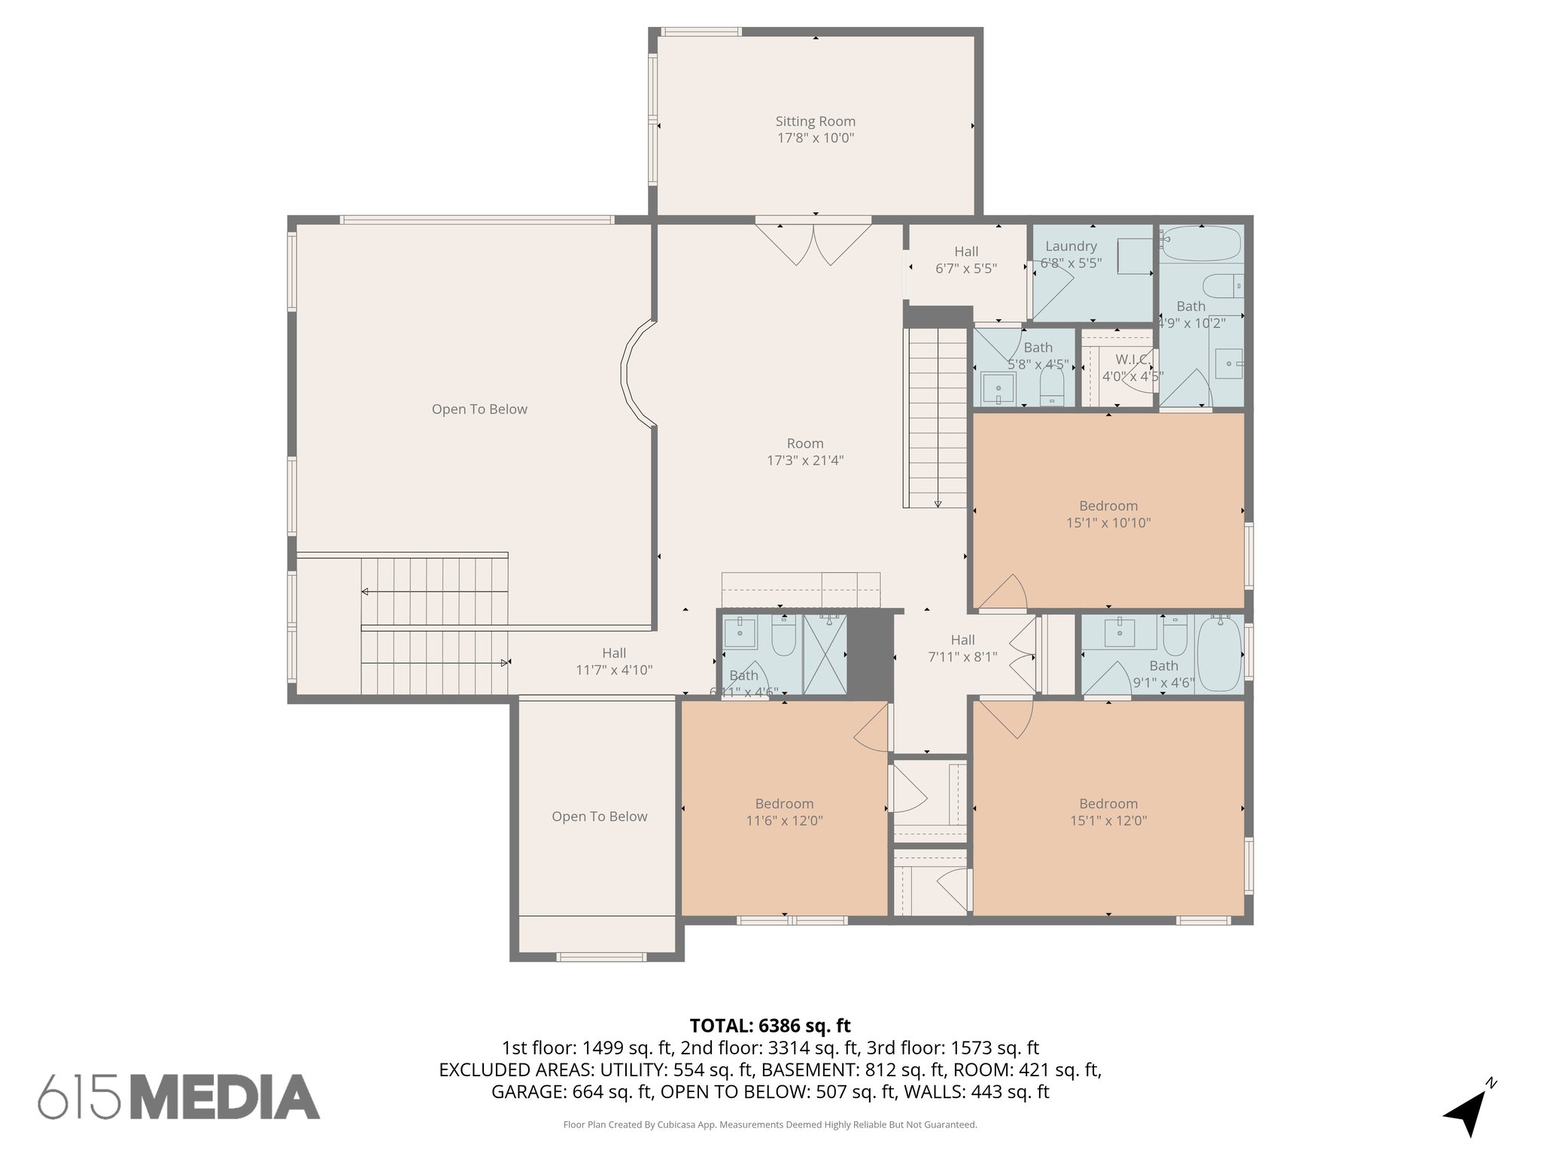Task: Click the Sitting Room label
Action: point(816,121)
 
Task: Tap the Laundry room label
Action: point(1071,246)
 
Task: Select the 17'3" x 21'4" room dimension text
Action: point(805,461)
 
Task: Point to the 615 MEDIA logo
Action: point(179,1097)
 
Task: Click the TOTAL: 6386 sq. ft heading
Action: point(770,1025)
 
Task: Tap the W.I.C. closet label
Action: point(1131,360)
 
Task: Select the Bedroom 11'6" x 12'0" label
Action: point(784,812)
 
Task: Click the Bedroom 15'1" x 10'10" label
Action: point(1108,514)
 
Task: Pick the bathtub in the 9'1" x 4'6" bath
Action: point(1218,653)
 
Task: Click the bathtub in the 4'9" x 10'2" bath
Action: point(1199,243)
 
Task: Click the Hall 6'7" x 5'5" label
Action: point(966,260)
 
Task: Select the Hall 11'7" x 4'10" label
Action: point(614,662)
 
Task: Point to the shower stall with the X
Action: point(825,653)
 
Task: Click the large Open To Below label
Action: point(479,409)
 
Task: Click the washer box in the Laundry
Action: point(1133,256)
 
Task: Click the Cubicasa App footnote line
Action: point(770,1124)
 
